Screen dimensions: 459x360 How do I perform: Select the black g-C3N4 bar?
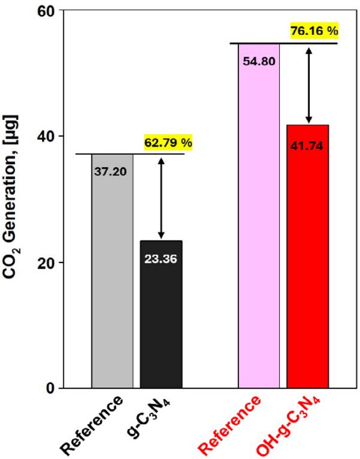point(161,319)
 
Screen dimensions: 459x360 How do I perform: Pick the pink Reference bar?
point(258,225)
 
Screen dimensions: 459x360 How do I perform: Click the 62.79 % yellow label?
point(168,143)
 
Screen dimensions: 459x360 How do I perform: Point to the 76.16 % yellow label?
point(314,31)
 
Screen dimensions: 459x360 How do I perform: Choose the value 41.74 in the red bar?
point(308,146)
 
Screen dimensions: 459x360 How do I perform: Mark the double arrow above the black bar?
point(161,198)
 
